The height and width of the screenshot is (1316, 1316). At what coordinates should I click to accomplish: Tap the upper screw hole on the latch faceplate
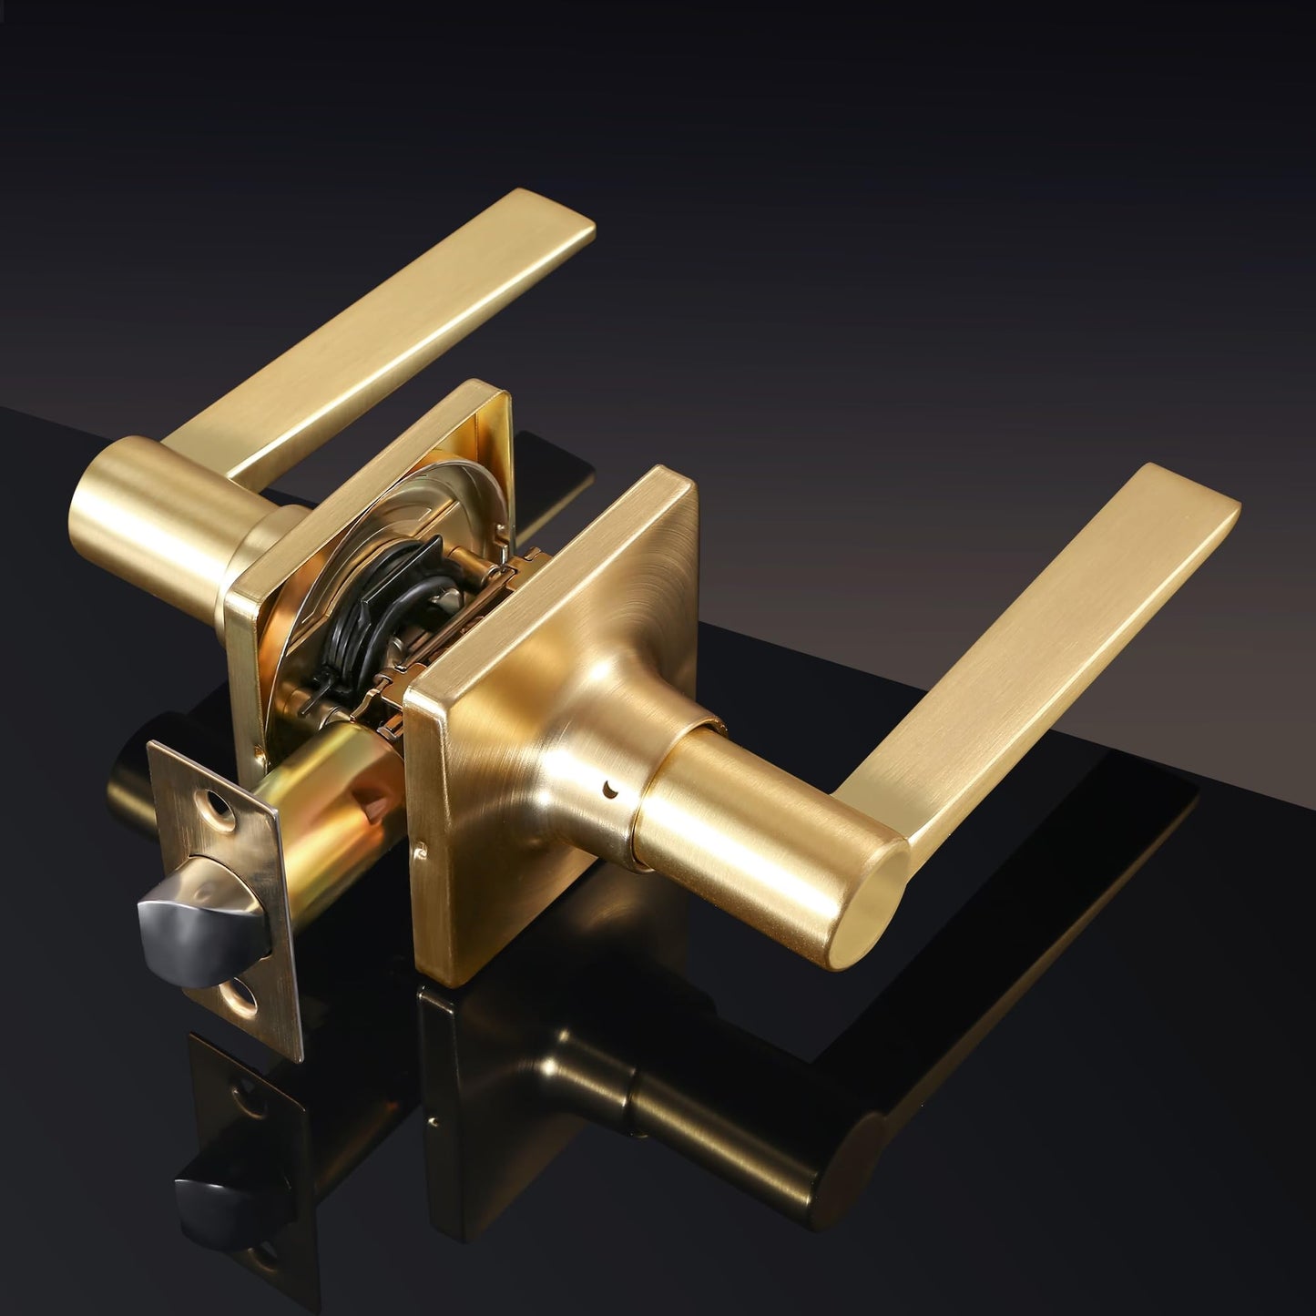(216, 804)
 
